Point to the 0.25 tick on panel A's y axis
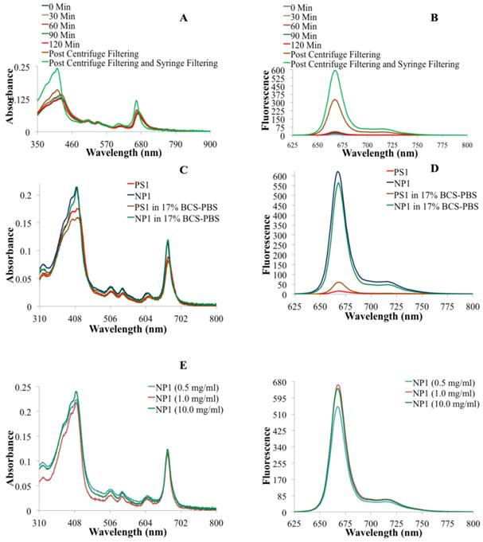pos(23,69)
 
